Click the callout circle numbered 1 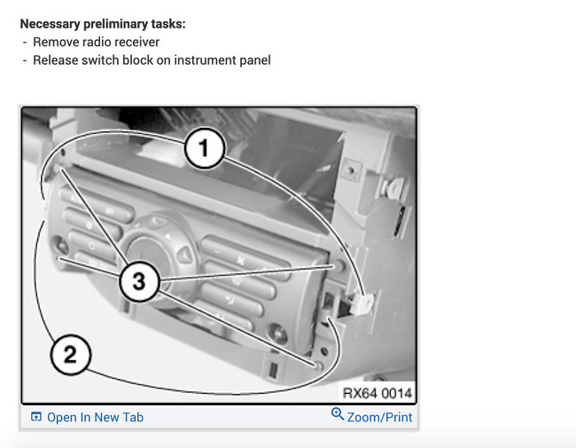coord(204,148)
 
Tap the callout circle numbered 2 coord(70,355)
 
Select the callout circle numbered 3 coord(139,282)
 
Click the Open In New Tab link coord(95,417)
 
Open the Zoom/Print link coord(379,417)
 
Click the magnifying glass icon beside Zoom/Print coord(338,414)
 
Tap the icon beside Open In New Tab coord(36,417)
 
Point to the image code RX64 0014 coord(377,393)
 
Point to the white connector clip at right coord(362,303)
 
